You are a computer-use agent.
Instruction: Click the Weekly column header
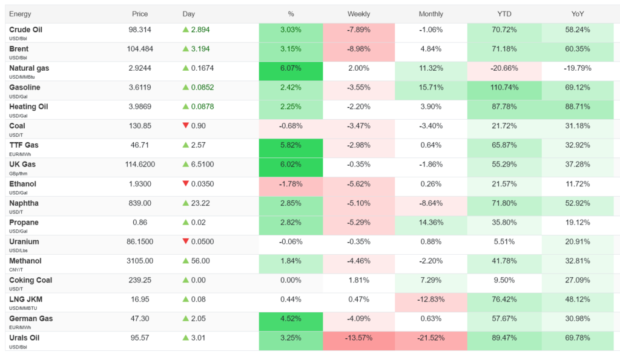click(x=358, y=14)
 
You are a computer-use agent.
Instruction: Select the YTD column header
click(x=504, y=14)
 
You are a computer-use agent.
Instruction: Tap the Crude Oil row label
click(x=25, y=30)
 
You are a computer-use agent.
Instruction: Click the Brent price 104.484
click(x=140, y=49)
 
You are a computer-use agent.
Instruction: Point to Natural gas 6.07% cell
click(x=291, y=71)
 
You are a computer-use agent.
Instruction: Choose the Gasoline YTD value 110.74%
click(x=504, y=87)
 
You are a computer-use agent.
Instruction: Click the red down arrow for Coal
click(x=185, y=125)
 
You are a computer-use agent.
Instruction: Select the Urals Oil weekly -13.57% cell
click(x=358, y=341)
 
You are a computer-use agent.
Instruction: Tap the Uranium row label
click(x=24, y=241)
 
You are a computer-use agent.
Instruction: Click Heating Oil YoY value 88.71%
click(x=577, y=106)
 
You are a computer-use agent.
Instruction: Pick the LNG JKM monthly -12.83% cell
click(x=431, y=303)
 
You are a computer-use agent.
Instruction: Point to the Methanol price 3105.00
click(x=140, y=261)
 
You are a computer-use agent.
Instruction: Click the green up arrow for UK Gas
click(x=185, y=164)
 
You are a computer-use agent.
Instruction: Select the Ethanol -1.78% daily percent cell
click(x=291, y=186)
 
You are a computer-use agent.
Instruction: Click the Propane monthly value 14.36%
click(x=431, y=223)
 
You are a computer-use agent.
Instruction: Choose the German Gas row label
click(x=31, y=318)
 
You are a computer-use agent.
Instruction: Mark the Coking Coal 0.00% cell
click(x=291, y=283)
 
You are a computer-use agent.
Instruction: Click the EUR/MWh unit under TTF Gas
click(x=20, y=154)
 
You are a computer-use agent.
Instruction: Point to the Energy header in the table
click(x=20, y=14)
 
